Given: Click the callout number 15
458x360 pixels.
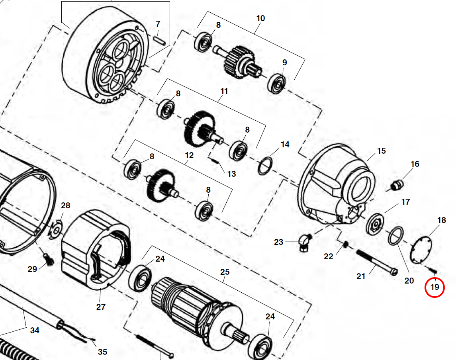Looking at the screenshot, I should pos(381,151).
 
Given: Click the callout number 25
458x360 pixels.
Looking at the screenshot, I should pos(225,272).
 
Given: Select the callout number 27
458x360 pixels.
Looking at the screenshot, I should pos(101,307).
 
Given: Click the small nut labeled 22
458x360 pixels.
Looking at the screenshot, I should pos(345,244).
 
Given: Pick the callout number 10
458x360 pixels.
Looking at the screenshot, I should pos(260,18).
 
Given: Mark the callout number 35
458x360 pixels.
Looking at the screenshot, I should pos(102,352).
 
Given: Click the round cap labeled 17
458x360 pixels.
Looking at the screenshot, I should pos(375,225).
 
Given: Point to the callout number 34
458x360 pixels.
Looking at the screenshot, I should pos(35,330).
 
